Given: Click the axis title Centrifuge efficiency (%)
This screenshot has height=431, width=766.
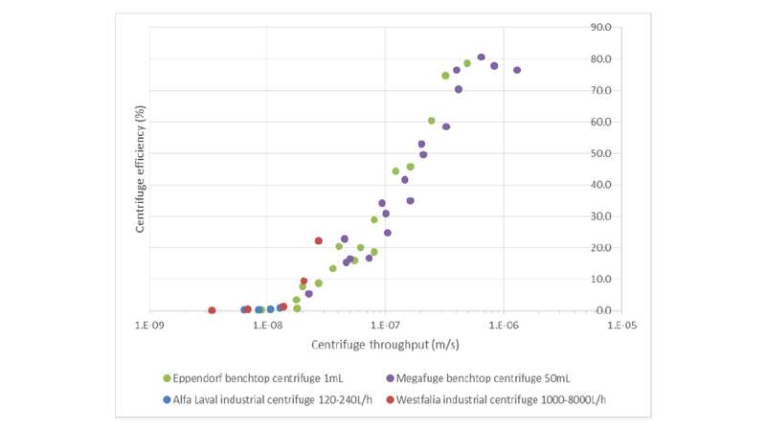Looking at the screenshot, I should click(140, 170).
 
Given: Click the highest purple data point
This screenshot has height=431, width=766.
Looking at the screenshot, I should click(482, 57).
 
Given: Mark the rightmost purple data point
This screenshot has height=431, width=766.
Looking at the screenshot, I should click(517, 70).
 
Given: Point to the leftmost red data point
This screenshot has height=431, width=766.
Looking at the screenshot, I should click(212, 310).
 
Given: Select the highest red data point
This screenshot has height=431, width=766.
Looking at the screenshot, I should click(319, 240).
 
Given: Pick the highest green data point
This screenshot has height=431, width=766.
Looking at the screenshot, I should click(467, 63).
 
